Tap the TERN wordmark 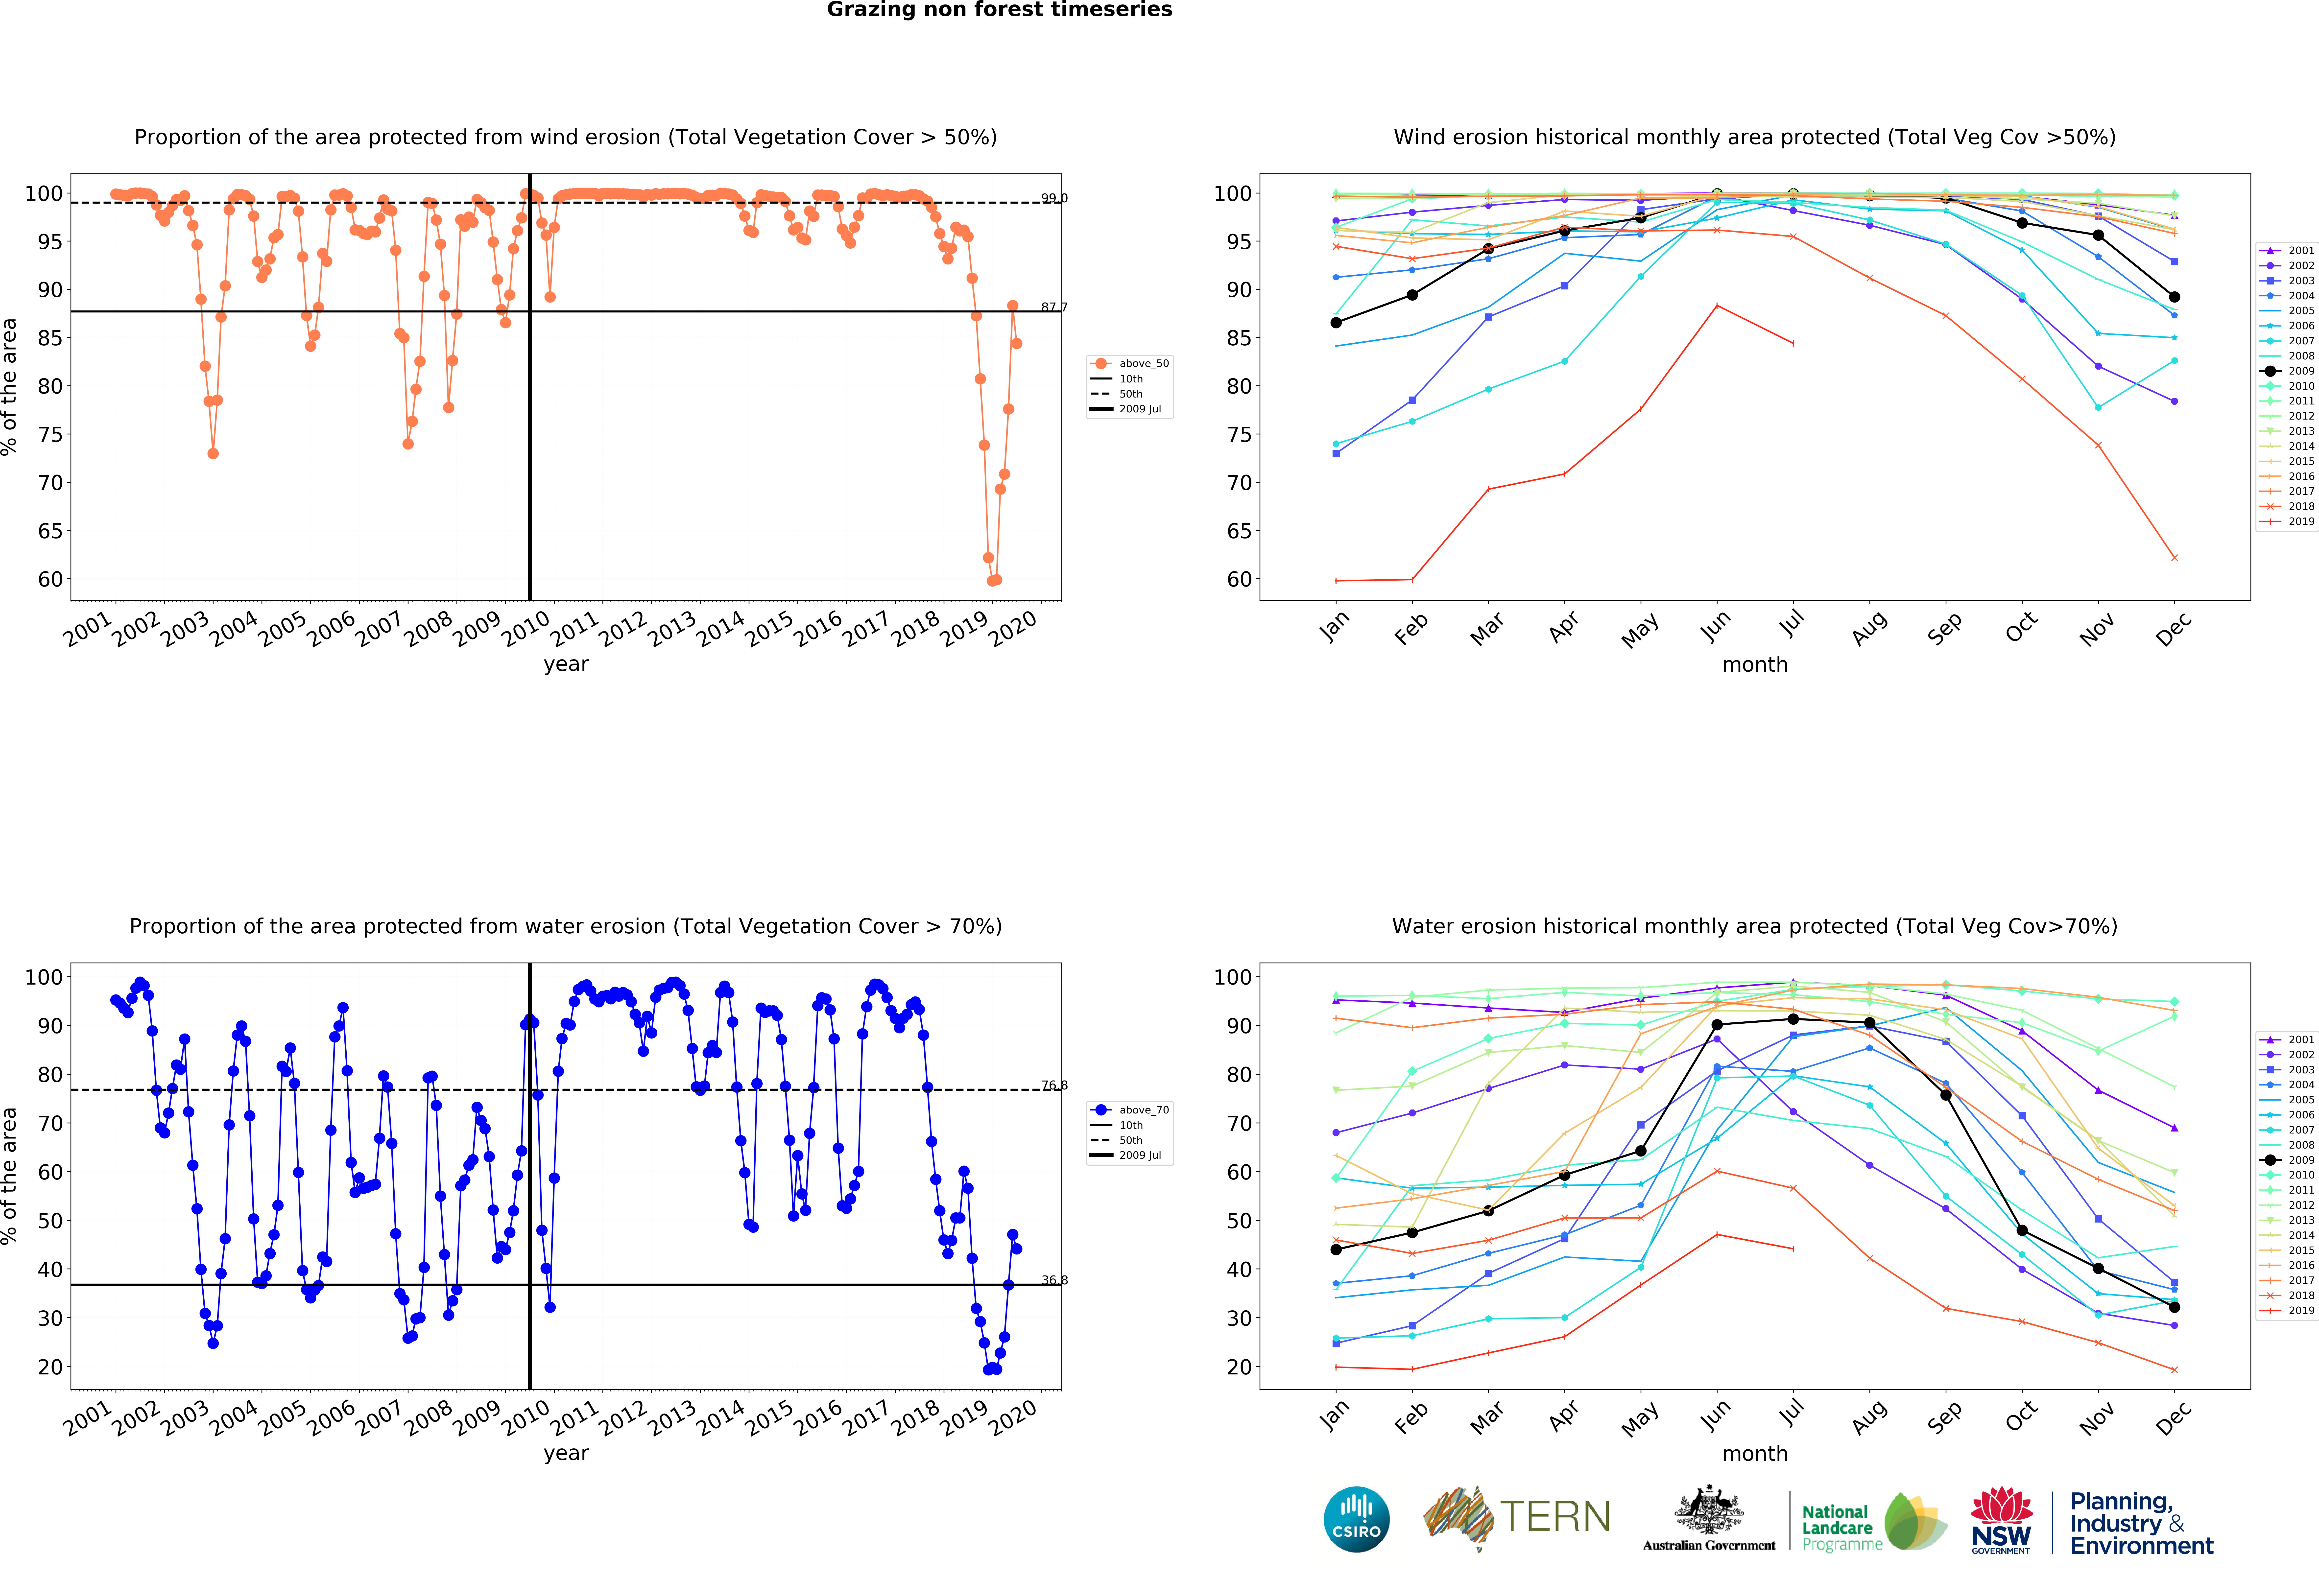coord(1555,1517)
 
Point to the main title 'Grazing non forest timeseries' coord(999,10)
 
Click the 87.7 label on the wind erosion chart coord(1054,307)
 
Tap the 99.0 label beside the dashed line coord(1054,198)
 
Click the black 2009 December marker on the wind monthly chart coord(2174,297)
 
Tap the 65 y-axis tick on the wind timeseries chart coord(50,531)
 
